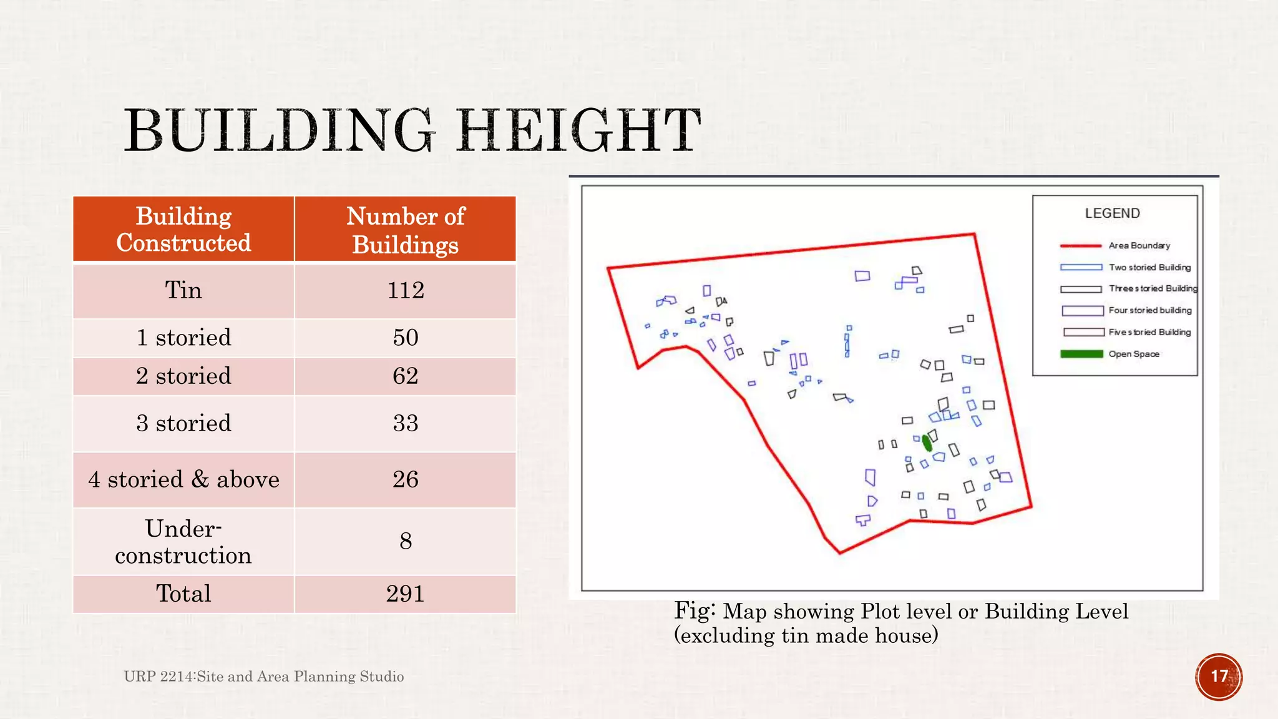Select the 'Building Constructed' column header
[x=183, y=229]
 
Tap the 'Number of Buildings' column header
[x=405, y=230]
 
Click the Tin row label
[x=183, y=290]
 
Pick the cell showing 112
[x=406, y=290]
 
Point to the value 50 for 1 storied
[x=406, y=338]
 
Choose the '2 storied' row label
[x=183, y=376]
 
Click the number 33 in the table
[x=406, y=423]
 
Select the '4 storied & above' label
[x=183, y=479]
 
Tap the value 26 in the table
[x=406, y=479]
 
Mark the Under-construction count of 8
[x=406, y=540]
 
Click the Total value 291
[x=406, y=594]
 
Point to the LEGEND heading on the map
[x=1112, y=213]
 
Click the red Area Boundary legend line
[x=1081, y=246]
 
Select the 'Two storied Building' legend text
[x=1149, y=267]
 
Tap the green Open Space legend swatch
[x=1081, y=354]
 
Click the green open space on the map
[x=927, y=443]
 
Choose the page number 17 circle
[x=1219, y=677]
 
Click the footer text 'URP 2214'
[x=159, y=677]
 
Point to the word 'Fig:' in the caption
[x=694, y=610]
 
